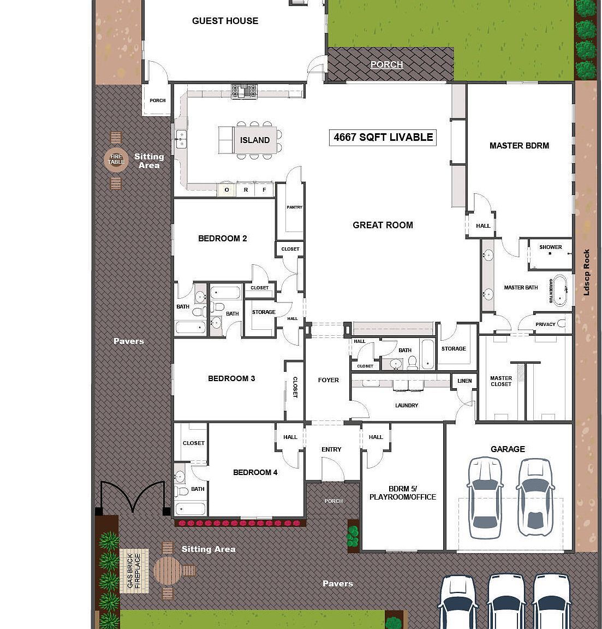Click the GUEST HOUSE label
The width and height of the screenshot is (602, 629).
coord(225,21)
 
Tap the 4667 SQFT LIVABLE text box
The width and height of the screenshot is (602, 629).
coord(383,138)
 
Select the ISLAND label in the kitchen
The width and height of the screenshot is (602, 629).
coord(255,140)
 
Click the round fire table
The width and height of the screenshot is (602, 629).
coord(116,159)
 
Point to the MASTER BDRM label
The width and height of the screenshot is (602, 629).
coord(519,146)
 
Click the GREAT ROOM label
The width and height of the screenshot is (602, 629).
coord(383,225)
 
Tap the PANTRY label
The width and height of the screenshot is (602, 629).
coord(294,207)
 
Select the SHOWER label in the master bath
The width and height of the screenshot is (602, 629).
coord(550,247)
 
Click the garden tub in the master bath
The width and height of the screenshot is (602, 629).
coord(561,290)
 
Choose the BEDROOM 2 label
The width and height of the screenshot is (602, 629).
coord(222,239)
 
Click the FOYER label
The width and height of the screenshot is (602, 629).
coord(328,380)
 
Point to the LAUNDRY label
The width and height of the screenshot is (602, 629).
coord(407,406)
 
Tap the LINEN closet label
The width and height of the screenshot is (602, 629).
coord(464,381)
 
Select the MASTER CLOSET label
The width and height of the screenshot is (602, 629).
coord(500,381)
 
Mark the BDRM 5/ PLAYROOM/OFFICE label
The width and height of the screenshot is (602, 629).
coord(403,493)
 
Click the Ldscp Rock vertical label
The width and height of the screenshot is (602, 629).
coord(586,272)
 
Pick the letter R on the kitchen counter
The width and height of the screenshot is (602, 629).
coord(246,190)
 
